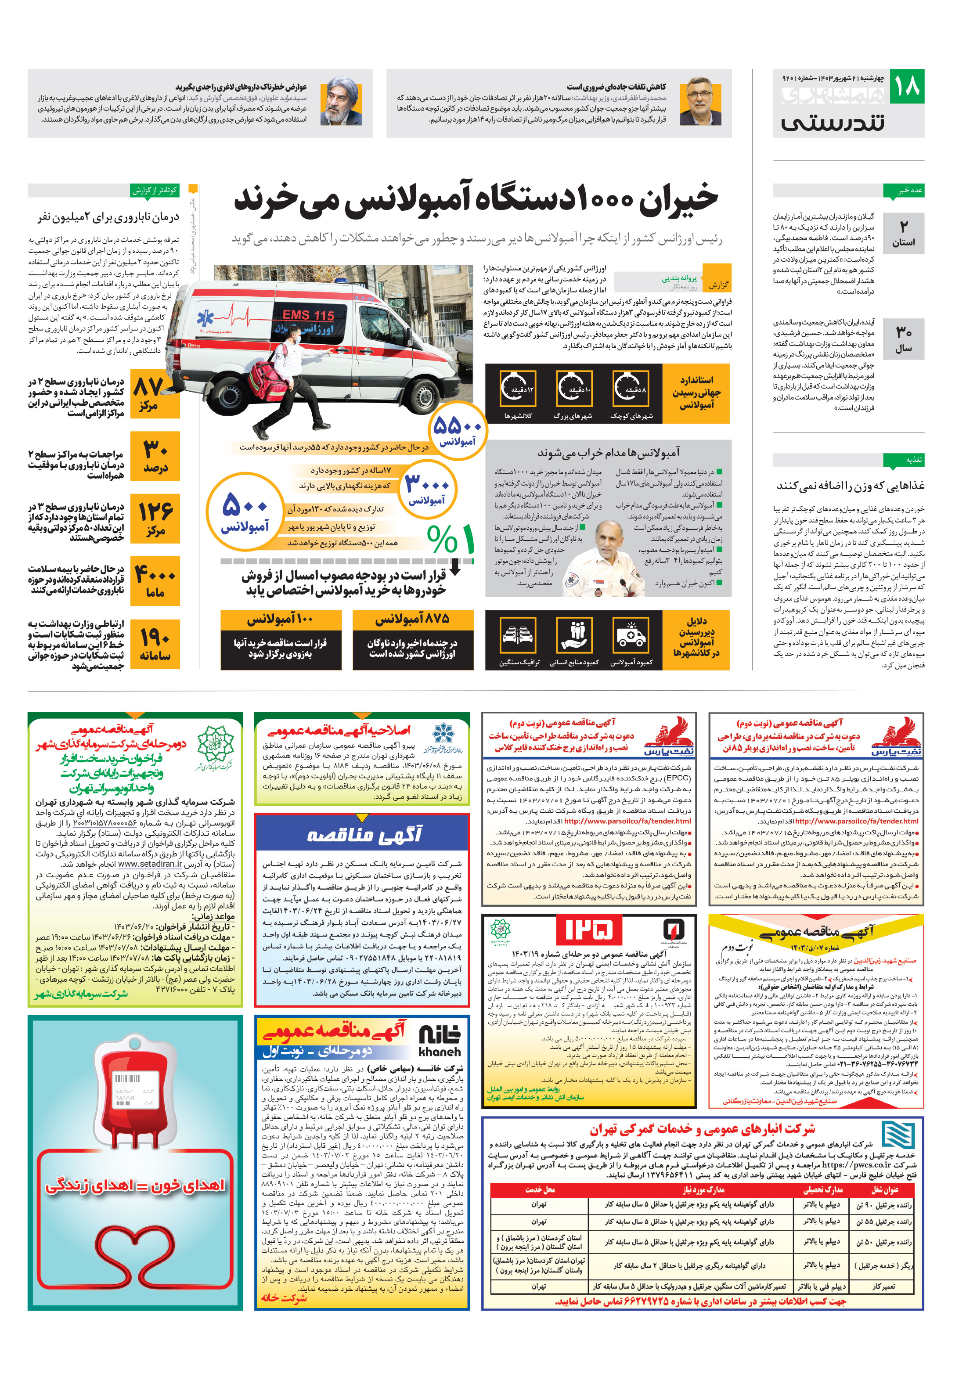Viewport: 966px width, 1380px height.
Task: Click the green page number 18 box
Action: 906,86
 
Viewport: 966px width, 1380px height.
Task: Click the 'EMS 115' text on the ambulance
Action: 308,314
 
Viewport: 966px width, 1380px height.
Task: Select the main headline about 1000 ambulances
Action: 476,199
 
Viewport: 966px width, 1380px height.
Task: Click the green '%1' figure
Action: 451,539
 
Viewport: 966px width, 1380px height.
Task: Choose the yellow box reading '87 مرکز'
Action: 155,395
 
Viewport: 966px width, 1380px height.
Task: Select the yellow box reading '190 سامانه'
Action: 155,644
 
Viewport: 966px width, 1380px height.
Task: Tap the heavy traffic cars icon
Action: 518,635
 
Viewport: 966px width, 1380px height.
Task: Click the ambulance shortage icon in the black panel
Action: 631,635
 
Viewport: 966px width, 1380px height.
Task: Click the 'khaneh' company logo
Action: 440,1038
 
